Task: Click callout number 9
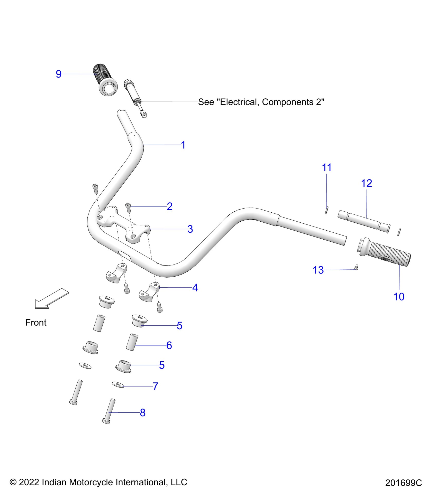point(59,74)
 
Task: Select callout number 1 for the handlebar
point(183,145)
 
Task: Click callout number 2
point(169,206)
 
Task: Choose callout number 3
point(190,229)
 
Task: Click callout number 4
point(195,288)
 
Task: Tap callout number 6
point(169,345)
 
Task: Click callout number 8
point(143,413)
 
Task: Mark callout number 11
point(327,167)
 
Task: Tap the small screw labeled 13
point(356,267)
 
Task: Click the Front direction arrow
point(51,298)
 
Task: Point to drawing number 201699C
point(403,483)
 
